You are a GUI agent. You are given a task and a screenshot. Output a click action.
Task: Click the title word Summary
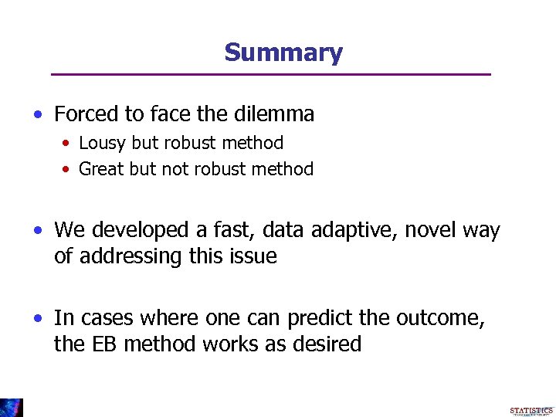pyautogui.click(x=283, y=53)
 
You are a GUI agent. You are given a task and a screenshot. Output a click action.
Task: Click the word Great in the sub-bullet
pyautogui.click(x=100, y=169)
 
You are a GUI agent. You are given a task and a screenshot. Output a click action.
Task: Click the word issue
pyautogui.click(x=254, y=256)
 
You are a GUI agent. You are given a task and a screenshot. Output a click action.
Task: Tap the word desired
pyautogui.click(x=327, y=344)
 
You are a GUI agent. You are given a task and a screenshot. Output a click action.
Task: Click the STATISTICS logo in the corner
pyautogui.click(x=531, y=411)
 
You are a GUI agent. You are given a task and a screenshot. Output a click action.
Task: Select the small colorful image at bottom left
pyautogui.click(x=12, y=407)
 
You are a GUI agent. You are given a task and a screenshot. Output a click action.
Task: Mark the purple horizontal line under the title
pyautogui.click(x=270, y=74)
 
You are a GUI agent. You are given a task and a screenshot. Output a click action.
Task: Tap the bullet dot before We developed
pyautogui.click(x=39, y=231)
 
